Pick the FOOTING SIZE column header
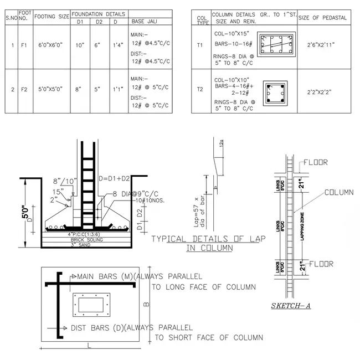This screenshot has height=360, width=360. pos(52,17)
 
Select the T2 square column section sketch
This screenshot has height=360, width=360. pos(275,93)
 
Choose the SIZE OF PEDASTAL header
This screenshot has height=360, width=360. pos(323,18)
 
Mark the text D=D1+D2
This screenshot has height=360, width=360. pos(115,178)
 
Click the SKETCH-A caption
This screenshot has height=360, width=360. pos(290,305)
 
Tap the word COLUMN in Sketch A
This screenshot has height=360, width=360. pos(340,193)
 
